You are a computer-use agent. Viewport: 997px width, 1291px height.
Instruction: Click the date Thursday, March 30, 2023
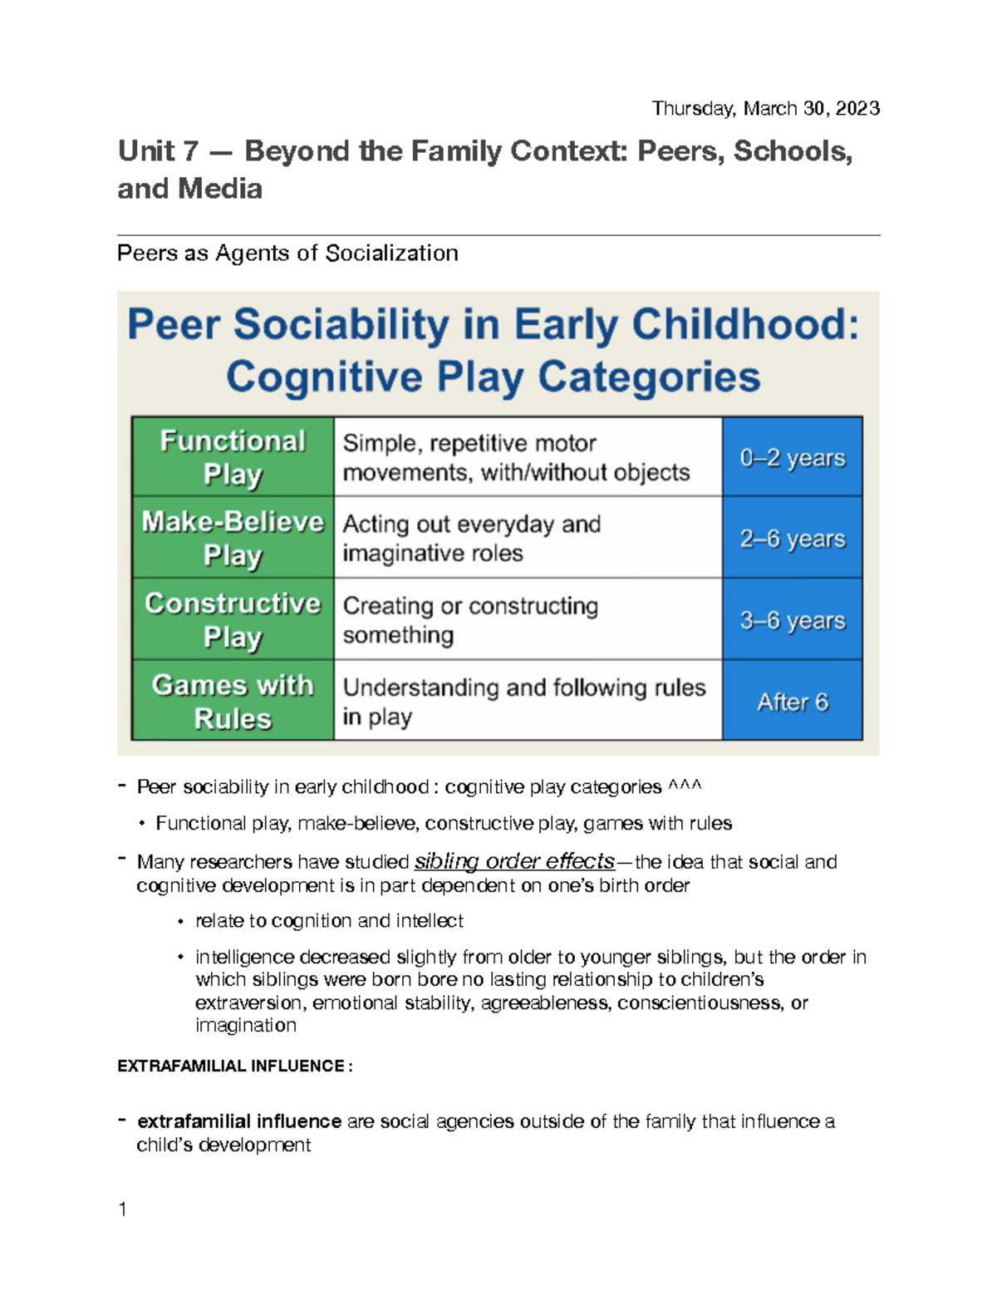tap(765, 108)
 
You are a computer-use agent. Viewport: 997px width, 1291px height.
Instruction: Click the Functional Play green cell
tap(233, 456)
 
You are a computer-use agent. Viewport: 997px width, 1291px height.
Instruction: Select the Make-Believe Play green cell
tap(233, 537)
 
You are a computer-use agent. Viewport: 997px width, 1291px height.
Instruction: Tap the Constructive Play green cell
tap(233, 618)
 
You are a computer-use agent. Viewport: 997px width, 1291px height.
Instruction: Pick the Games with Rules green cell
tap(233, 700)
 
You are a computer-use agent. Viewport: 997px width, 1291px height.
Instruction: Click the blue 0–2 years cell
tap(792, 457)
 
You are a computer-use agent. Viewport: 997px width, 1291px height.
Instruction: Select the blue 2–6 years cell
tap(792, 538)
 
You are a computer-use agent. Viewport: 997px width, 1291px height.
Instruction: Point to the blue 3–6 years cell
tap(792, 619)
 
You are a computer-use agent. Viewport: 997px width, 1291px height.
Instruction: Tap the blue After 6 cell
tap(792, 702)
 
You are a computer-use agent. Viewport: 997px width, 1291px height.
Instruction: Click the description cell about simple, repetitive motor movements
tap(527, 457)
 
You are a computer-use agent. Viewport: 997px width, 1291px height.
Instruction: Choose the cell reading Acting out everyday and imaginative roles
tap(527, 538)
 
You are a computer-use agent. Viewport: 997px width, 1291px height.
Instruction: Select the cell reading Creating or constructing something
tap(527, 619)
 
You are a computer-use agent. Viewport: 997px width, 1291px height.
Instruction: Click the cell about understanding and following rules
tap(527, 701)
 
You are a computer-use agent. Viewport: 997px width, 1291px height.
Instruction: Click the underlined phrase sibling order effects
tap(514, 861)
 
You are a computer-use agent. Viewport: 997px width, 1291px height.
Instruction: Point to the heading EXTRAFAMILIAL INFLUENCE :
tap(235, 1066)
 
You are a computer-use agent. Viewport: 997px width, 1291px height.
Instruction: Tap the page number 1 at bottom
tap(123, 1210)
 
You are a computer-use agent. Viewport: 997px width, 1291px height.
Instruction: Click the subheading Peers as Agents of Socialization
tap(287, 253)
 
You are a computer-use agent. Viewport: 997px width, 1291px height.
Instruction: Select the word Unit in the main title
tap(146, 151)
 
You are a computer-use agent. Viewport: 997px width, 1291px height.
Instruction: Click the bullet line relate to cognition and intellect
tap(329, 921)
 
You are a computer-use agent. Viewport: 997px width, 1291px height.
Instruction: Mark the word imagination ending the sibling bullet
tap(245, 1025)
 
